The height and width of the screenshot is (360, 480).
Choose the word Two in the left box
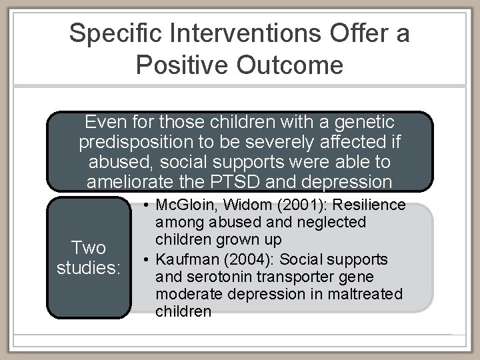click(89, 249)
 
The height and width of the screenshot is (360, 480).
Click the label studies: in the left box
click(89, 269)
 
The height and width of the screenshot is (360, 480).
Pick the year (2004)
click(250, 259)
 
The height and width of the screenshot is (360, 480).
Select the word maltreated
click(371, 293)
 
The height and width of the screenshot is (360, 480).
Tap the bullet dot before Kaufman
click(145, 259)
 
